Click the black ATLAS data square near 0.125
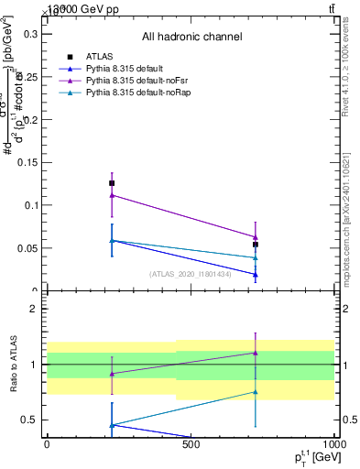[112, 183]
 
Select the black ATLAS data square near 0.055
[256, 245]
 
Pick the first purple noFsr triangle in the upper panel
[112, 195]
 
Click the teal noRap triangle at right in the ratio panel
[256, 392]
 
